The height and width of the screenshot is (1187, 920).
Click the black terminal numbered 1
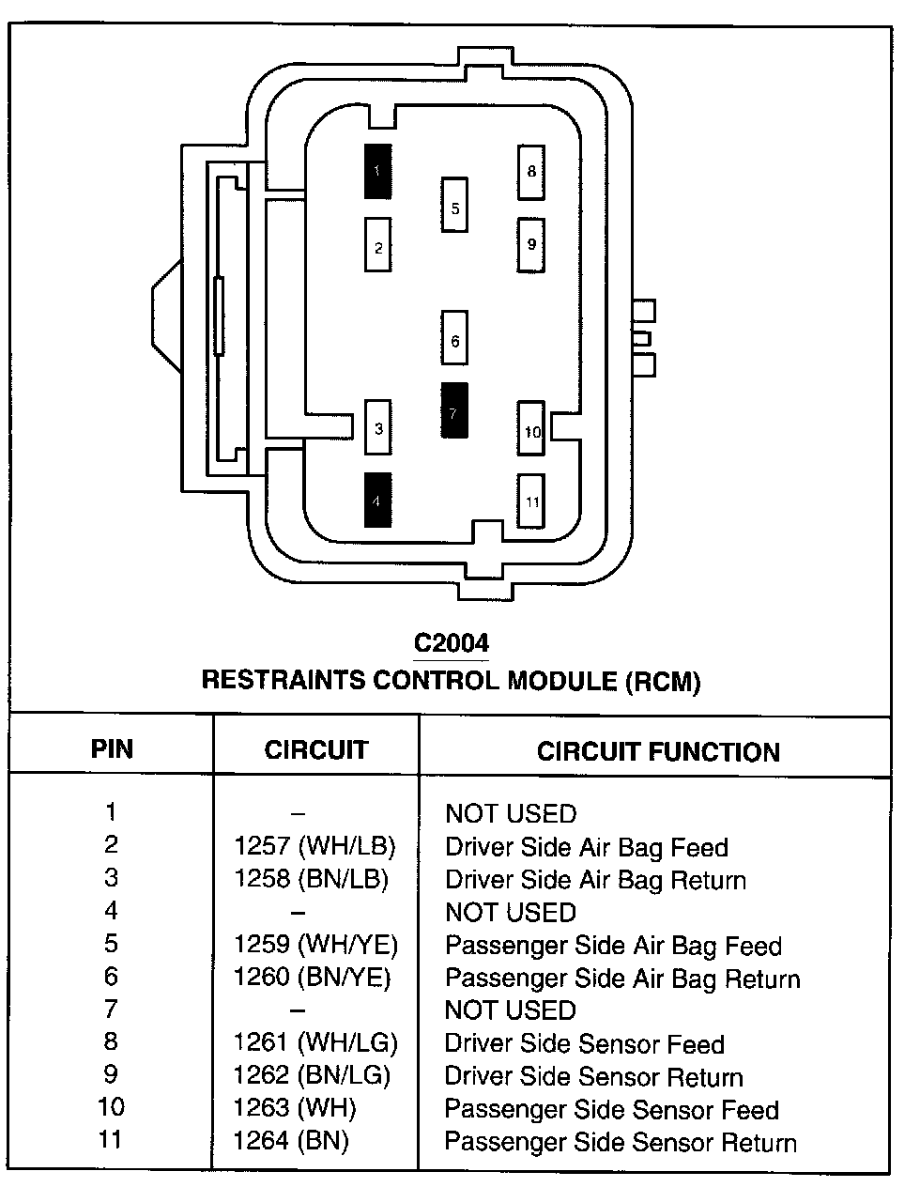(x=377, y=171)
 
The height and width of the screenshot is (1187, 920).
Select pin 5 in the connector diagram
(x=455, y=206)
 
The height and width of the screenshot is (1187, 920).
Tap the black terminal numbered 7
(x=454, y=410)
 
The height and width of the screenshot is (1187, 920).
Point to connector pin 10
(x=532, y=429)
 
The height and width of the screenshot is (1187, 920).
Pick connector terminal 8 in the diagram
(x=531, y=172)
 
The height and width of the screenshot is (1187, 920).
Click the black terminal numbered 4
(x=377, y=500)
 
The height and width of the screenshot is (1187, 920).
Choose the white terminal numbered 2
(x=377, y=246)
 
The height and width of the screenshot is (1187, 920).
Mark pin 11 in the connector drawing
(x=531, y=501)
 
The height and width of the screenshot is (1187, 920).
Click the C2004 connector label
(x=452, y=643)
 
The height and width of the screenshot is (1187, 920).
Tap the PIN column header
(x=112, y=748)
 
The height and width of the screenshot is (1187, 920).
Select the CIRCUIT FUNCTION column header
(x=658, y=751)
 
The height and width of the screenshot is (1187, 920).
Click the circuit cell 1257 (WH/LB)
(x=314, y=847)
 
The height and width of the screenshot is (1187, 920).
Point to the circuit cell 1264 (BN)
(x=291, y=1142)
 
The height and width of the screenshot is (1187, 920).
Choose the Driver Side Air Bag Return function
(x=595, y=881)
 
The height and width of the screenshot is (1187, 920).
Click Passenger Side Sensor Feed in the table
(x=611, y=1110)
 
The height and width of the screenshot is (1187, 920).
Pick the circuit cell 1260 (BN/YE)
(x=312, y=979)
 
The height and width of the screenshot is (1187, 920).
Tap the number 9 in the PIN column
(x=111, y=1074)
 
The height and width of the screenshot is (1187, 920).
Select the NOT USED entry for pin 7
(x=510, y=1010)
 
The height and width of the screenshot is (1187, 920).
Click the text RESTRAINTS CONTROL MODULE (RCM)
(x=452, y=680)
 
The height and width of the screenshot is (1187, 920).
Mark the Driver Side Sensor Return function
(x=593, y=1077)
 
